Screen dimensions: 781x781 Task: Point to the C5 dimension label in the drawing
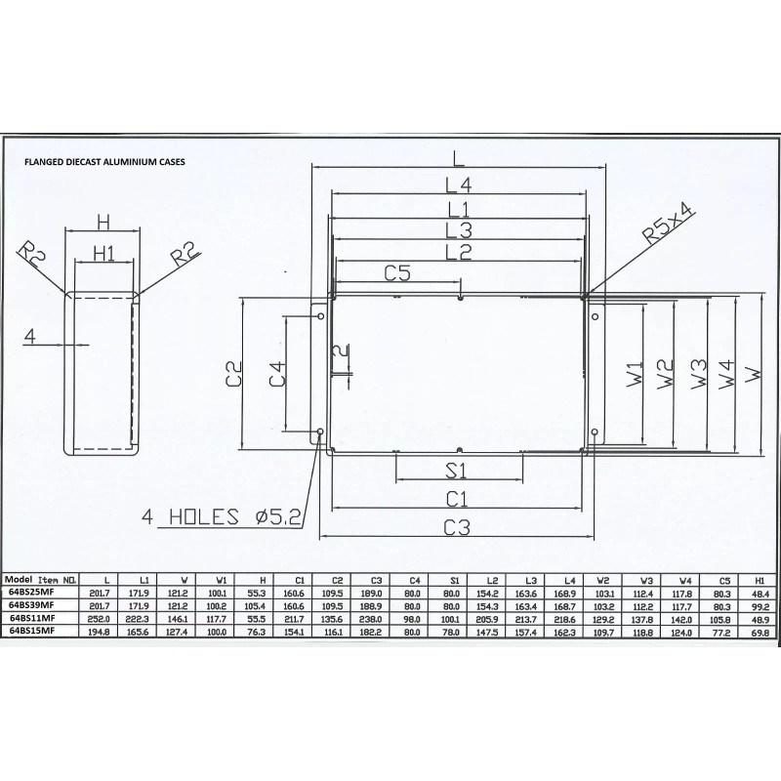396,273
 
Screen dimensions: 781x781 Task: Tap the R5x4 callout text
669,224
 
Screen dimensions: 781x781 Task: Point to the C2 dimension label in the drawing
232,378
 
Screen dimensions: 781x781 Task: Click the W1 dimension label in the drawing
636,372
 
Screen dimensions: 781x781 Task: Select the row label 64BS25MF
32,593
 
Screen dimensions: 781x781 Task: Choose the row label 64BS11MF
32,618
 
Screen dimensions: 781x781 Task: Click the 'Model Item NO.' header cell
42,580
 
